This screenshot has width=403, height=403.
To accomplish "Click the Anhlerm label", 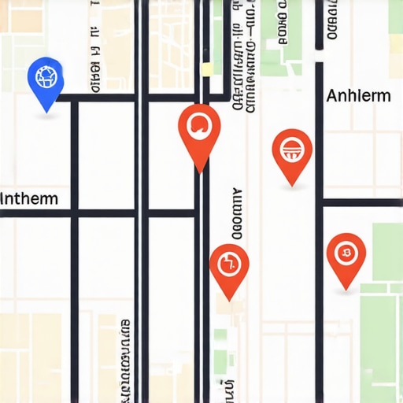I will [x=358, y=96].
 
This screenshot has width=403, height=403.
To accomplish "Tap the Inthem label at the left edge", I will [x=29, y=198].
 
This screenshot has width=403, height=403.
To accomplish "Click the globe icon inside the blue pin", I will [x=44, y=76].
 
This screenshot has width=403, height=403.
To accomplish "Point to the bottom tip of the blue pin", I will [x=46, y=110].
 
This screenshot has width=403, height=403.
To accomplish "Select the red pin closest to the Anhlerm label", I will [x=292, y=150].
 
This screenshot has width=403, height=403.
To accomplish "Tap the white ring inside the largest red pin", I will [x=199, y=124].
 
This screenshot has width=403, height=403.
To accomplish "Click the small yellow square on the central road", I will [x=207, y=69].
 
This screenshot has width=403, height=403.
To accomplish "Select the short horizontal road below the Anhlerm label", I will [x=362, y=202].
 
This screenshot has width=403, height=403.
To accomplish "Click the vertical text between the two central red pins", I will [x=236, y=214].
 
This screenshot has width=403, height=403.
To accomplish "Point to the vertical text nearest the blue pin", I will [x=94, y=63].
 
